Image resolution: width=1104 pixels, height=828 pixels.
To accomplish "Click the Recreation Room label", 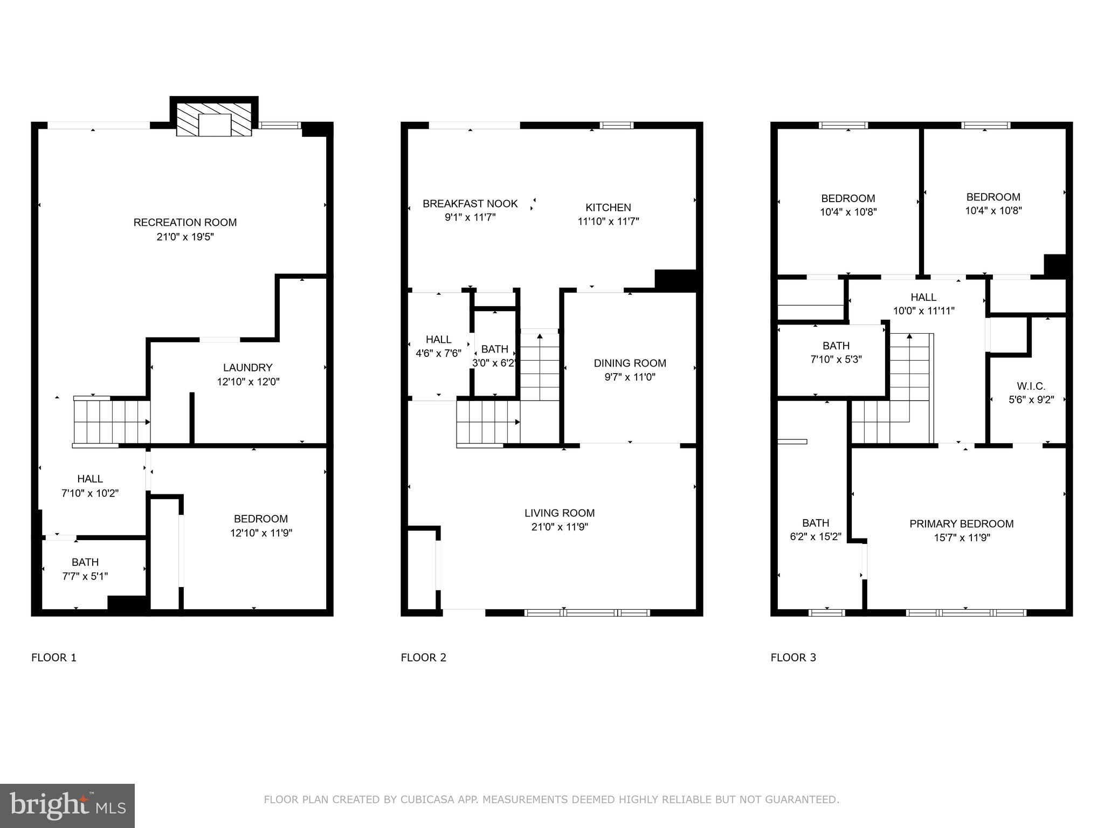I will (x=185, y=222).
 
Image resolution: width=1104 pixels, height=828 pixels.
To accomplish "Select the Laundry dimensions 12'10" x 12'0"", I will (x=248, y=382).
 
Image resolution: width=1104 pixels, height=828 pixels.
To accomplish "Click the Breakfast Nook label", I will (x=470, y=204).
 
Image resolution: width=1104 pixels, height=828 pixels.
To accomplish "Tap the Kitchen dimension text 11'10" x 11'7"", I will (x=608, y=221).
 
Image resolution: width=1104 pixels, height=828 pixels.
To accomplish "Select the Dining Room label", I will (x=630, y=363).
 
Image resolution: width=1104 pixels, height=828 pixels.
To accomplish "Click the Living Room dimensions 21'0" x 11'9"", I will (x=560, y=527).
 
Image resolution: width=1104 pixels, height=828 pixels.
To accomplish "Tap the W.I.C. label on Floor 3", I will (x=1031, y=387).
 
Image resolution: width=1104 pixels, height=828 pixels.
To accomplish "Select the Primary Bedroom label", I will (x=961, y=524).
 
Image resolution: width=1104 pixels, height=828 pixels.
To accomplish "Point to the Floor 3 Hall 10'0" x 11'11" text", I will (x=923, y=311).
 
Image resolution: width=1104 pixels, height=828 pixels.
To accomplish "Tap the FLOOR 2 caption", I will (x=423, y=658).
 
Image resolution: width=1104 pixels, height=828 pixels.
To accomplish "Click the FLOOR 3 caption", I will (x=793, y=658).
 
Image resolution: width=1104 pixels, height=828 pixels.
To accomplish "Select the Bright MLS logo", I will (x=67, y=805).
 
